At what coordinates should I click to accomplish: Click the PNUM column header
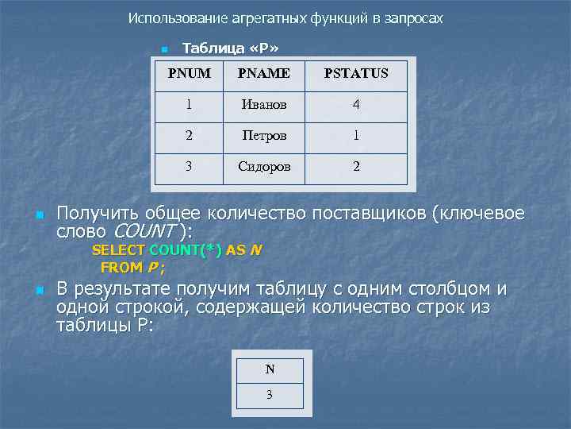click(x=189, y=74)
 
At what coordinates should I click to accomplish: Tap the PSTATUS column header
click(x=355, y=74)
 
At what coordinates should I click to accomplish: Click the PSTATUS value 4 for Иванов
click(x=356, y=105)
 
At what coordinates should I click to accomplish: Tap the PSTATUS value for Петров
click(x=356, y=136)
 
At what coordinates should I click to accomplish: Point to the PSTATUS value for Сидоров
click(x=356, y=167)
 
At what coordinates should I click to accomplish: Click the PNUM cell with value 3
click(x=189, y=167)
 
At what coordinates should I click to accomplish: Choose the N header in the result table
click(x=270, y=369)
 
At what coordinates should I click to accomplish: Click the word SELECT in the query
click(x=118, y=250)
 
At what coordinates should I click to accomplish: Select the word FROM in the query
click(x=121, y=267)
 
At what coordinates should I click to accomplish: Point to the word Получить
click(x=94, y=214)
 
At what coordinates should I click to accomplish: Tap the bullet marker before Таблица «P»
click(x=163, y=49)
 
